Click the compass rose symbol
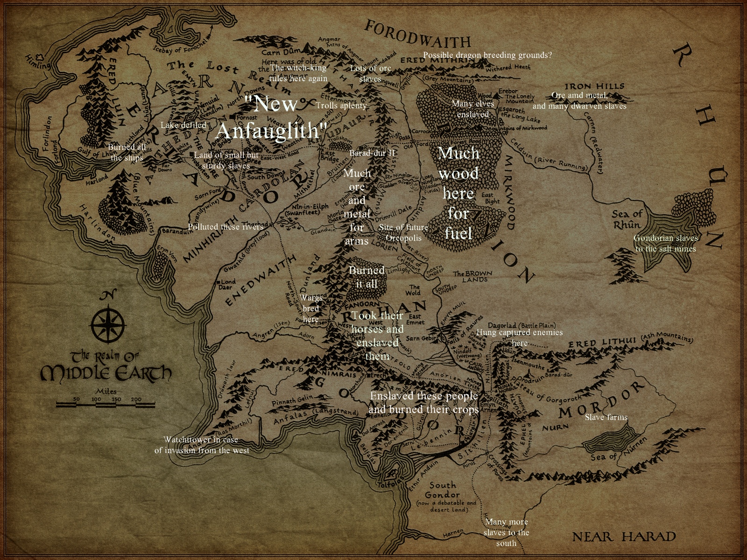pos(108,323)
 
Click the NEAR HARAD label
pos(624,537)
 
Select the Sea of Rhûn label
pos(627,219)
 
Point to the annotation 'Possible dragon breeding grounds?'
pos(487,55)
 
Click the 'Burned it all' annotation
pos(366,277)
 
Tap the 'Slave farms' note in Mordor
pos(606,417)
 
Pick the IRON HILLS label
pos(594,86)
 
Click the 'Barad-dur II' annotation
pos(372,153)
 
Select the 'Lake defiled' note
pos(183,125)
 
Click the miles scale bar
pos(106,403)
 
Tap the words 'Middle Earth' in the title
pos(106,373)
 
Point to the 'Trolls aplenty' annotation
pos(341,105)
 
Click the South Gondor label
pos(442,490)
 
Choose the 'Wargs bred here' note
pos(311,308)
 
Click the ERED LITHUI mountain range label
pos(602,343)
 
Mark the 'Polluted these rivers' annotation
pos(226,227)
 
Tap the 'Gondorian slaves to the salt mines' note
pos(665,243)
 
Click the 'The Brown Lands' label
pos(472,276)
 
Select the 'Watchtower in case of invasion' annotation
pos(201,445)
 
